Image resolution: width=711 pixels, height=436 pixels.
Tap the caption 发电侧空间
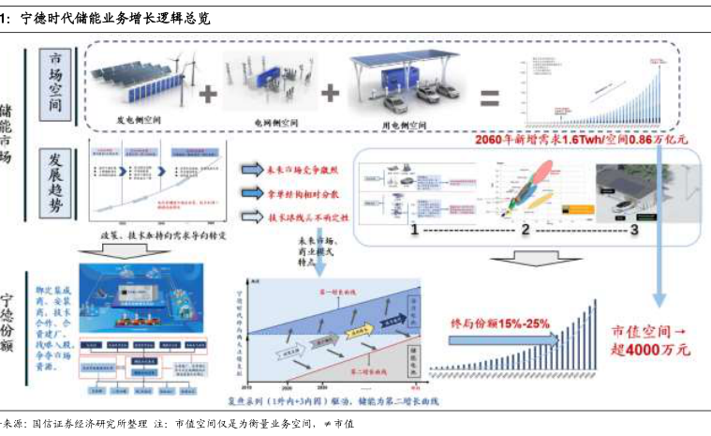140,120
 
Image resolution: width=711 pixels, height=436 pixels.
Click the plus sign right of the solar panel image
208,94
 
